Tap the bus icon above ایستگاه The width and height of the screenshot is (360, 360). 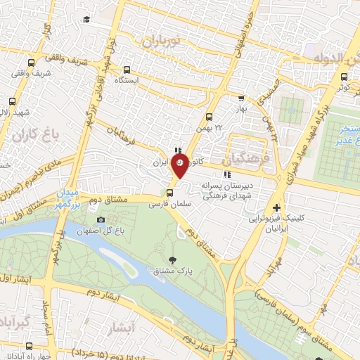click(x=127, y=70)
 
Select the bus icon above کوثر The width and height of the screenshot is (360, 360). click(x=344, y=77)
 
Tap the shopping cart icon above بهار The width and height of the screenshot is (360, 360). click(x=241, y=99)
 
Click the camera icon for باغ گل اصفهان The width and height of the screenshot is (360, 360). click(x=101, y=220)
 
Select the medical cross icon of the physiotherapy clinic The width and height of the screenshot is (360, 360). click(x=277, y=208)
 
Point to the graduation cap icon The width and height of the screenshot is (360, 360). click(x=86, y=19)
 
